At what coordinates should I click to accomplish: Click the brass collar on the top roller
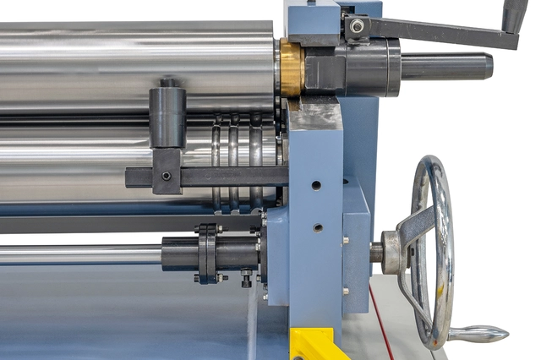[x=292, y=68]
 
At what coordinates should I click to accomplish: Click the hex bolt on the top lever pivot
[x=358, y=26]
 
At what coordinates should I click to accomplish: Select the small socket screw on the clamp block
[x=167, y=176]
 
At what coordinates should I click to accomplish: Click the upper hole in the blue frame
[x=315, y=184]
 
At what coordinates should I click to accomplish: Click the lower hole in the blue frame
[x=317, y=227]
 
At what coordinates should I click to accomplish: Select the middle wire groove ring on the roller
[x=234, y=161]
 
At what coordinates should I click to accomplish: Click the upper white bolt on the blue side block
[x=346, y=240]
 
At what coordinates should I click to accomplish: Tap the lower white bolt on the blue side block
[x=346, y=291]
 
